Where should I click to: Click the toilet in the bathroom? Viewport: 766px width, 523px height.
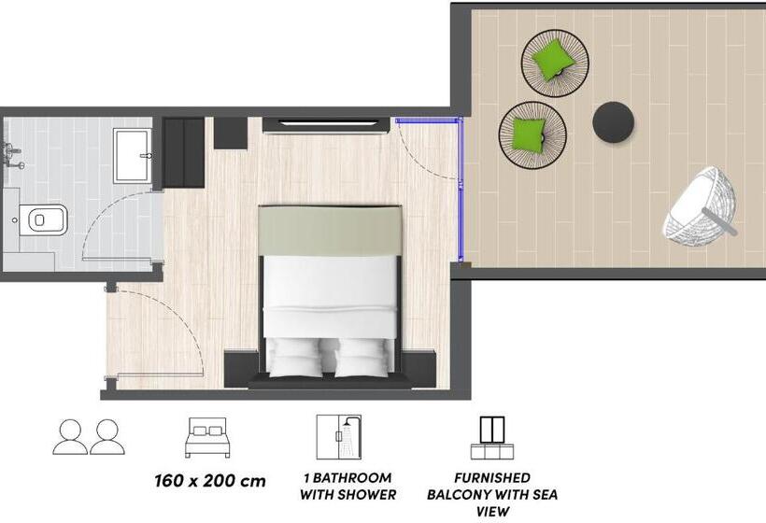pos(43,220)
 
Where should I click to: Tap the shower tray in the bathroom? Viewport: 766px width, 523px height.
pos(137,155)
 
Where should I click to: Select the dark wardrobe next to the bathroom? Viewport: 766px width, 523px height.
pos(184,151)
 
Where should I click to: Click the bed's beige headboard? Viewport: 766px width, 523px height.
pos(330,230)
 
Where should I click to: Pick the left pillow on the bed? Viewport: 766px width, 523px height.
pos(298,356)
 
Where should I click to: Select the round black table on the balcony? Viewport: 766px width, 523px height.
pos(615,121)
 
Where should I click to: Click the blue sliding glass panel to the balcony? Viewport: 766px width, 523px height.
pos(462,191)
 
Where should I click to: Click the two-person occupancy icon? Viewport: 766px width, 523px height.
pos(89,436)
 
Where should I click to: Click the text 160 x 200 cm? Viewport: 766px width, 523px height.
pos(209,482)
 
